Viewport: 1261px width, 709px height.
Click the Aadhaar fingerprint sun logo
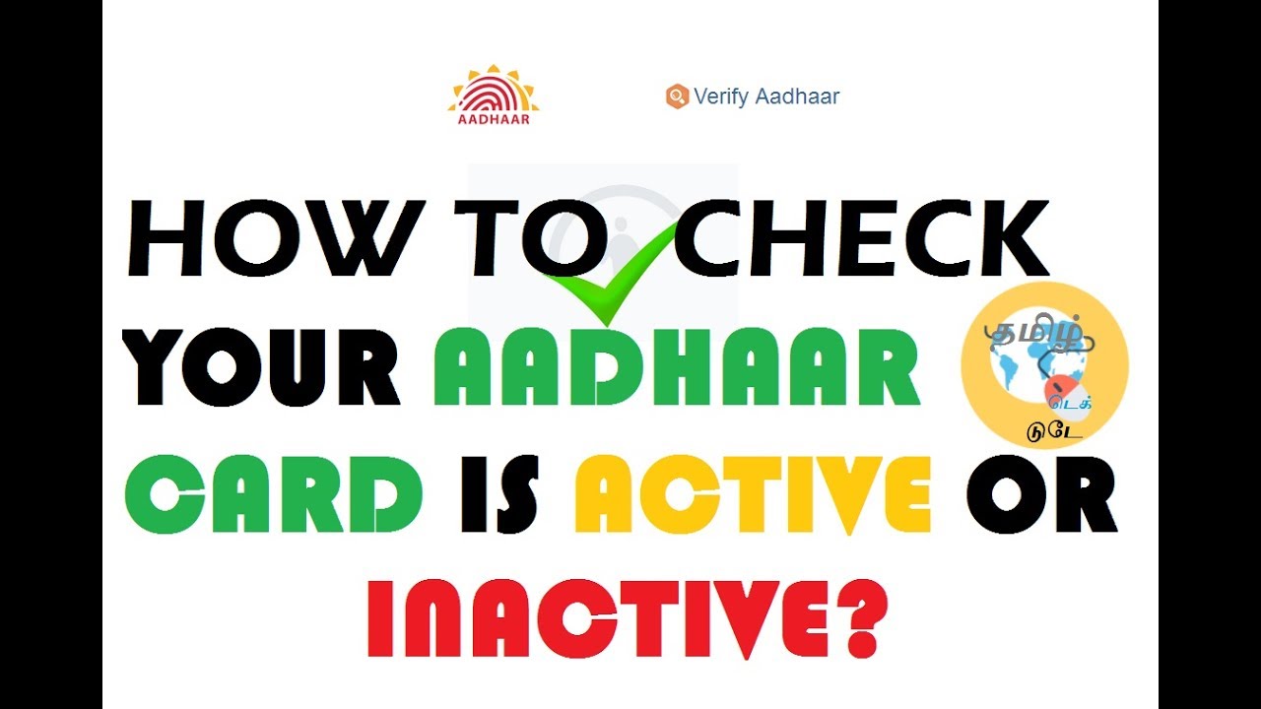(494, 91)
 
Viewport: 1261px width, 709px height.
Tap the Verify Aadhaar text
(766, 97)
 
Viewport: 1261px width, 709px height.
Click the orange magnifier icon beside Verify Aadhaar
(676, 97)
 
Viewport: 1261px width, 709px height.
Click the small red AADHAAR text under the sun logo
(494, 120)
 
